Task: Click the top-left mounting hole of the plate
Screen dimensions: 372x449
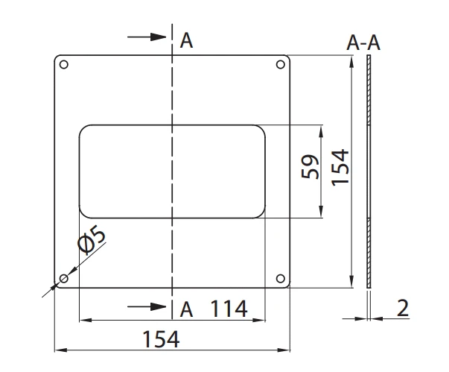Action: coord(63,64)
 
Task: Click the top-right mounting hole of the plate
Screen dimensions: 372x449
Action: coord(281,64)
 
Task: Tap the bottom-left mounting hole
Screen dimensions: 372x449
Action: coord(63,280)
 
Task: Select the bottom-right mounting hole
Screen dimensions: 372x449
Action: coord(281,280)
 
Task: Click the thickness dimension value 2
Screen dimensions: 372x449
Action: coord(403,309)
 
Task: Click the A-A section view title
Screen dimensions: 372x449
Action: coord(363,44)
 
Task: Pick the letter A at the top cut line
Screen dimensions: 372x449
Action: coord(187,41)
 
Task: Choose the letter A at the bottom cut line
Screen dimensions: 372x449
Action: coord(187,309)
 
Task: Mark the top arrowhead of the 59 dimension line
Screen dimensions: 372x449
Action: coord(321,130)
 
